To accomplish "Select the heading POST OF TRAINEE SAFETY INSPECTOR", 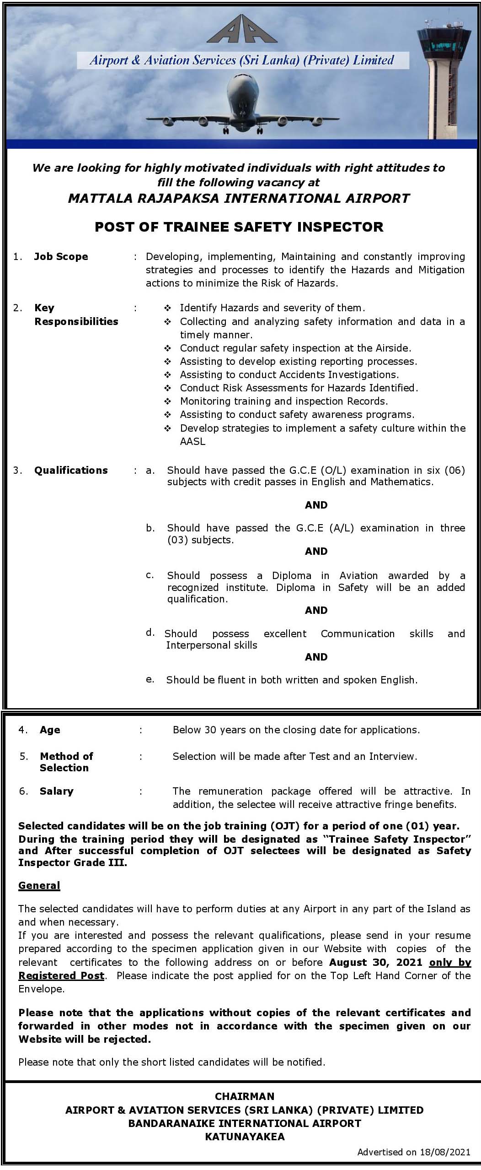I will [239, 227].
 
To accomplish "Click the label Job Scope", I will [61, 257].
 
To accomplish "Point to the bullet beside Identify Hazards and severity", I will [168, 308].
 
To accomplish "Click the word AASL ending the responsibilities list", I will [192, 441].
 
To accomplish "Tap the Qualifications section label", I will [71, 470].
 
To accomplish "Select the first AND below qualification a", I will [316, 505].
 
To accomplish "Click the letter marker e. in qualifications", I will [150, 679].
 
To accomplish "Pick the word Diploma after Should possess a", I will [291, 575].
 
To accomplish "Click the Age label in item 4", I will [50, 730].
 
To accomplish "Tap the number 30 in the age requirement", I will [210, 730].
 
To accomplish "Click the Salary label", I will [56, 791].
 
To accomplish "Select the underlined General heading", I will [39, 885].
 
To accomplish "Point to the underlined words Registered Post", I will [61, 975].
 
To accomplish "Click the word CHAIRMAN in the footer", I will [245, 1096].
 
